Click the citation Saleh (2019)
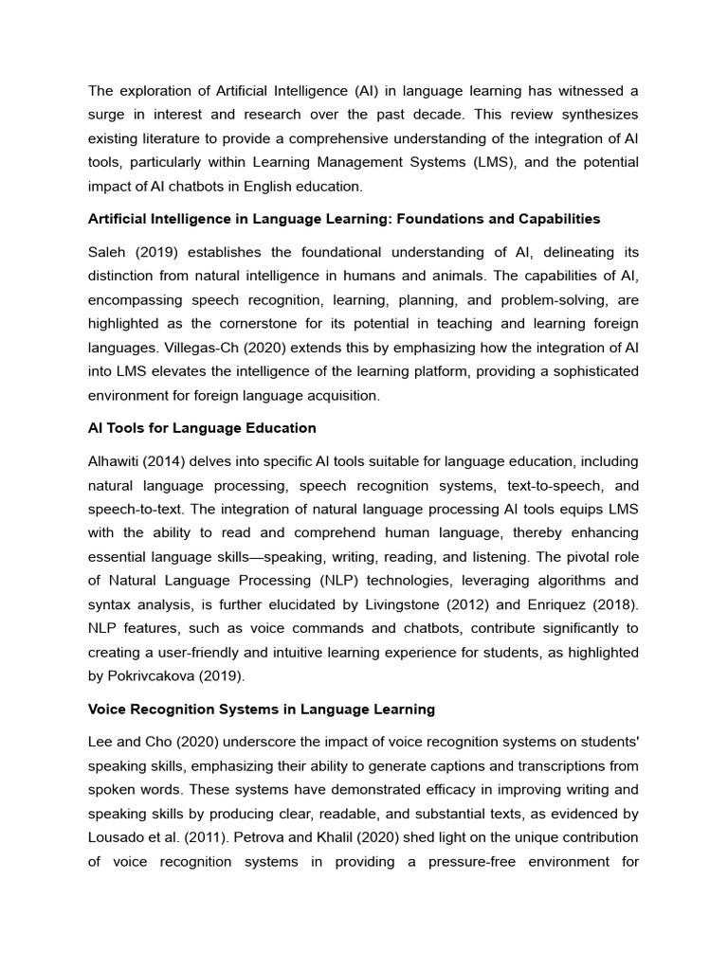click(130, 253)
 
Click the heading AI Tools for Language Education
click(202, 428)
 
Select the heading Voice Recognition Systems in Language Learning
click(261, 709)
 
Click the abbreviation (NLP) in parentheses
click(334, 581)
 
